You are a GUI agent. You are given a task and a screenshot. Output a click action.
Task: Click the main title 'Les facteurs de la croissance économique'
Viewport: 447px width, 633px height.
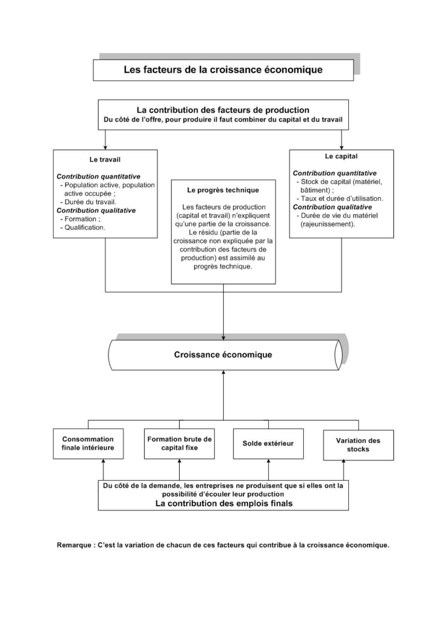click(x=223, y=70)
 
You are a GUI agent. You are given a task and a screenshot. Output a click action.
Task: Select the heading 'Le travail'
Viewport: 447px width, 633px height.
click(x=105, y=160)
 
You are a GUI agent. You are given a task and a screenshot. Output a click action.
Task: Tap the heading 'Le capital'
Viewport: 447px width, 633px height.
click(x=341, y=156)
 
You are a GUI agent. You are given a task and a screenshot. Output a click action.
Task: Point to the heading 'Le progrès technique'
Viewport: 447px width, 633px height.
click(x=223, y=190)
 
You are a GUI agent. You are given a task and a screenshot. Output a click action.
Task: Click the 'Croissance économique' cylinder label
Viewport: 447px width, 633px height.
click(x=223, y=354)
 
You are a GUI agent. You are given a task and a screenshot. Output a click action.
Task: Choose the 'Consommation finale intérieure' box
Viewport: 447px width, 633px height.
click(x=88, y=444)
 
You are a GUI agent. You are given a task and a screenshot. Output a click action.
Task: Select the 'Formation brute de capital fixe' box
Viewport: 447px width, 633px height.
click(x=179, y=444)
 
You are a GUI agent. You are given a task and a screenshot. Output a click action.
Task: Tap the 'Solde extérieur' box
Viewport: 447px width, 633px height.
click(x=268, y=444)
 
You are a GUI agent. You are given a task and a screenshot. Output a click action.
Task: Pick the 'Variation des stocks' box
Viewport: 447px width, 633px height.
click(x=358, y=445)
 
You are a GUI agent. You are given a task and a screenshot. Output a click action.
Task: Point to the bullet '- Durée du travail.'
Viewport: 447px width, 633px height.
click(x=88, y=202)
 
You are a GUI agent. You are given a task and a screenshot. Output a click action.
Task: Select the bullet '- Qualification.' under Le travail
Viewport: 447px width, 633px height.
click(x=83, y=227)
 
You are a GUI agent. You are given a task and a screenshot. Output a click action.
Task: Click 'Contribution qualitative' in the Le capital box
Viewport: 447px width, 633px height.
click(x=332, y=207)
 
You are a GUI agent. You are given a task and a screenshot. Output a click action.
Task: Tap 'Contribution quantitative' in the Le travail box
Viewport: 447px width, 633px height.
click(x=98, y=177)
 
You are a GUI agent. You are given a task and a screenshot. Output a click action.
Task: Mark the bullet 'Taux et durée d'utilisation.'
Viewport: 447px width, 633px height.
click(x=342, y=199)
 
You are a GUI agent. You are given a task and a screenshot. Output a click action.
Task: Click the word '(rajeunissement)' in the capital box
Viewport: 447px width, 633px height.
click(x=328, y=224)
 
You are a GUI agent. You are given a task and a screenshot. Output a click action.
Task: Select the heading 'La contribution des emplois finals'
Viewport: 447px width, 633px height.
click(x=224, y=503)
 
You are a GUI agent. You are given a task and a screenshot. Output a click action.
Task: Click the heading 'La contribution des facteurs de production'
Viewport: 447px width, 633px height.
click(x=223, y=110)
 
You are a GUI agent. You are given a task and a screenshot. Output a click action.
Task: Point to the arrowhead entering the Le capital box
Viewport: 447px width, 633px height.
click(x=342, y=148)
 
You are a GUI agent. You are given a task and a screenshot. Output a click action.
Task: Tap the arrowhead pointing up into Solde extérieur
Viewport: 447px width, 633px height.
click(x=268, y=461)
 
